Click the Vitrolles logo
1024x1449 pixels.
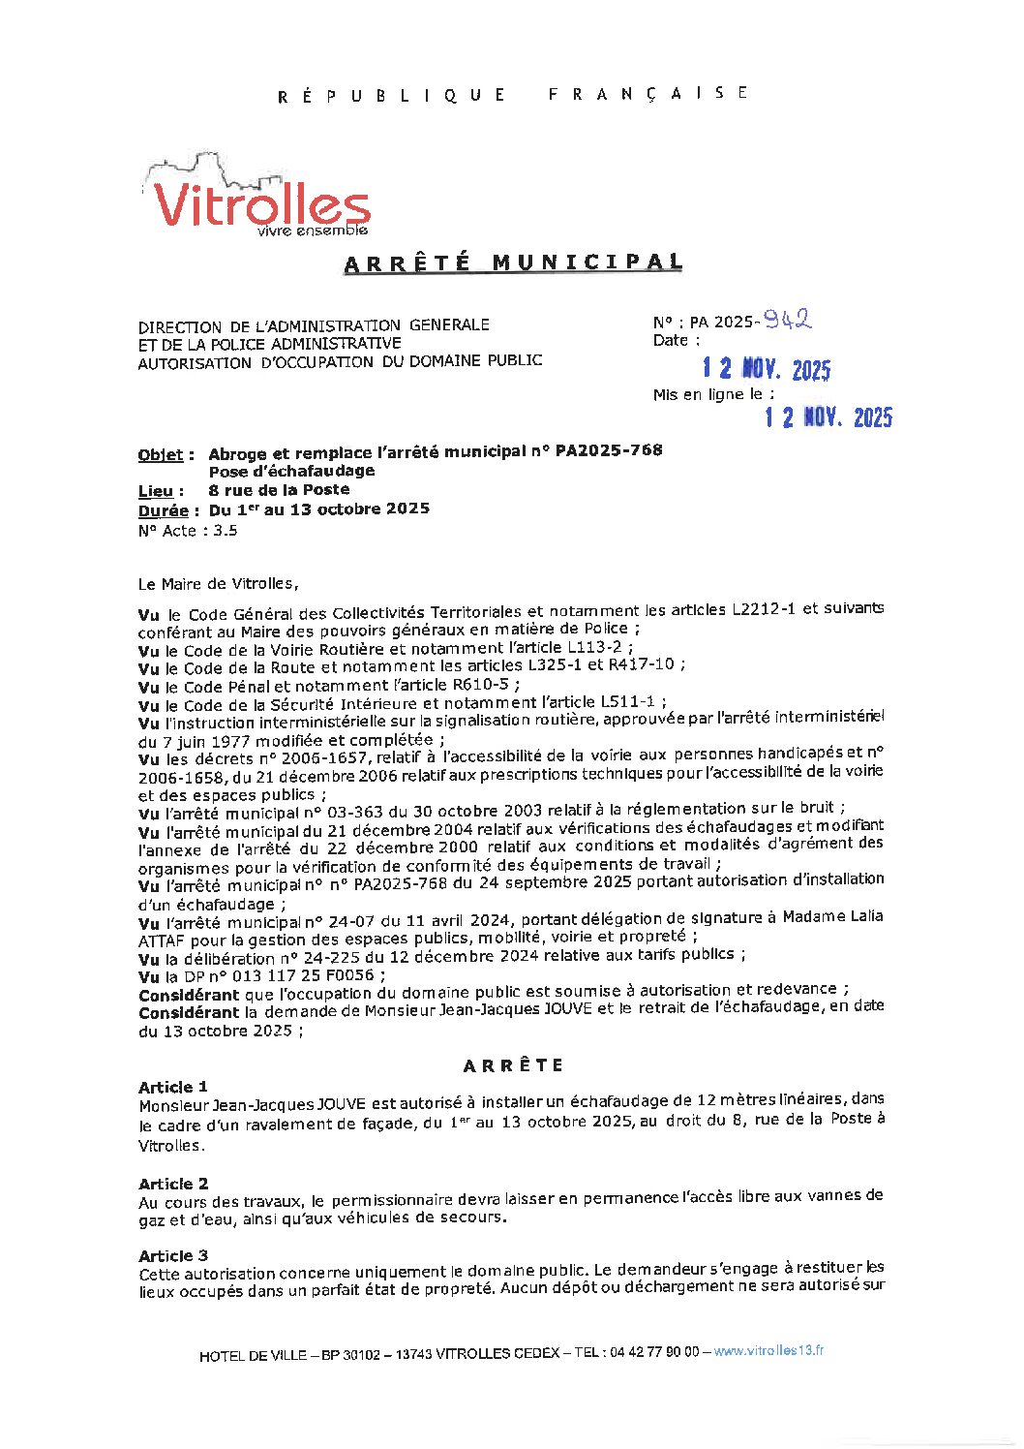tap(259, 199)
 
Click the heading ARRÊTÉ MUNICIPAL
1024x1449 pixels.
tap(513, 262)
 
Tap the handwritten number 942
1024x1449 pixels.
tap(786, 319)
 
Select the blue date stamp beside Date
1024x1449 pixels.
tap(766, 369)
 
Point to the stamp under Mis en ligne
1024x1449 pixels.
tap(828, 416)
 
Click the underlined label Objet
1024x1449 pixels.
tap(165, 454)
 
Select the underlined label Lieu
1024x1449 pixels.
tap(160, 491)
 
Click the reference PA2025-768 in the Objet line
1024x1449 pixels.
tap(609, 450)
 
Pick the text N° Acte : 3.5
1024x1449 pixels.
tap(188, 531)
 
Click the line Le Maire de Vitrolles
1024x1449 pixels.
tap(219, 584)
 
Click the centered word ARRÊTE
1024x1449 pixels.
tap(513, 1065)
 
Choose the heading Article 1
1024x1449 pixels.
tap(173, 1087)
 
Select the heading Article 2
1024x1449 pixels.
tap(173, 1184)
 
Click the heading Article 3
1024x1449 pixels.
tap(173, 1255)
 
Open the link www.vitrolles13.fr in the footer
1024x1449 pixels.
tap(768, 1351)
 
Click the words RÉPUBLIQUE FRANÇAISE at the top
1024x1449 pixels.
tap(513, 94)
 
